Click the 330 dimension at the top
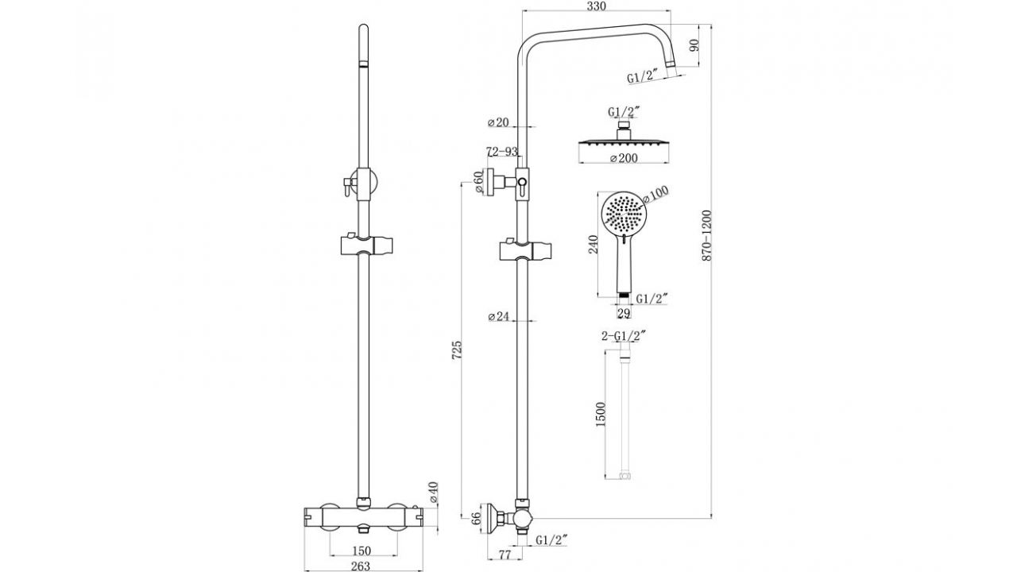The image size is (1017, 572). coord(597,6)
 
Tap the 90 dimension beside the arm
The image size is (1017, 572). coord(694,45)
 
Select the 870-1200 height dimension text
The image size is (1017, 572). coord(706,235)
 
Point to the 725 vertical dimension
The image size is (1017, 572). coord(457,350)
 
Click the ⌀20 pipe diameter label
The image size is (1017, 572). coord(498,122)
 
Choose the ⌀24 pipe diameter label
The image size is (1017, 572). coord(498,316)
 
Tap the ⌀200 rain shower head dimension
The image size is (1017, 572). coord(624,158)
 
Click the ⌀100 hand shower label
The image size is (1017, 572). coord(656,195)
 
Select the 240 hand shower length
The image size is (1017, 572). coord(594,244)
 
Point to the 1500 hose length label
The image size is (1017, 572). coord(600,414)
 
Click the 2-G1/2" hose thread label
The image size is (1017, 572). coord(624,336)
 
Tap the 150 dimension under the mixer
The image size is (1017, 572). coord(362,551)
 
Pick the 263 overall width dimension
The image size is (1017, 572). coord(361,566)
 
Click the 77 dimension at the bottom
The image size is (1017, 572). coord(505,555)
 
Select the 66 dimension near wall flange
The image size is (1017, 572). coord(476,519)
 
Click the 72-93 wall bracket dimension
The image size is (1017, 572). coord(502,151)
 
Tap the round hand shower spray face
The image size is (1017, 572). coord(624,213)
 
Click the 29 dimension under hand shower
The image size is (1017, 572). coord(624,313)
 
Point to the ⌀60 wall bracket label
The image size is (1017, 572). coord(478,182)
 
